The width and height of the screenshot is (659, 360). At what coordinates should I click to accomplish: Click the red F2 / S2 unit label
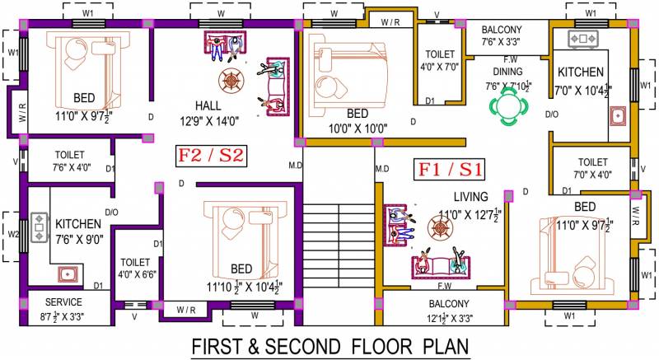[211, 156]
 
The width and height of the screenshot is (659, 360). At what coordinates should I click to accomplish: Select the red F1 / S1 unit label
[450, 169]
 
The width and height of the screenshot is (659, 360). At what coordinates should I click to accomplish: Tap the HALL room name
[208, 105]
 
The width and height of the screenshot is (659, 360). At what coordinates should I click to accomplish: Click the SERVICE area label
[63, 302]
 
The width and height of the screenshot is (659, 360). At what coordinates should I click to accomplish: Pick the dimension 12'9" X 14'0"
[209, 121]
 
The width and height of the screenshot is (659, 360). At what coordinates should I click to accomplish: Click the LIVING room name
[470, 197]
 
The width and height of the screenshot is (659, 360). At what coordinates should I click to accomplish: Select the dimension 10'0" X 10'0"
[358, 129]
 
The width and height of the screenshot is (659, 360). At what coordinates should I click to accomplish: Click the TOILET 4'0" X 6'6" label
[137, 269]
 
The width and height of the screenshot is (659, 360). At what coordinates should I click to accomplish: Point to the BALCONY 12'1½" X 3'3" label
[449, 311]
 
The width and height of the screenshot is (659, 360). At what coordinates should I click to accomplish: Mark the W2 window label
[13, 234]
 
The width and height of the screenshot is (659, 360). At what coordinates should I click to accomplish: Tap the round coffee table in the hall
[231, 81]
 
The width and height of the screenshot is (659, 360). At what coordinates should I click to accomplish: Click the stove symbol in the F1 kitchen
[582, 39]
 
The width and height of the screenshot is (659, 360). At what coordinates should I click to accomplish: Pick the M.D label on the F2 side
[295, 166]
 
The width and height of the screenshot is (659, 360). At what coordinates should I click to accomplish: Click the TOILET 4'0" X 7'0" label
[440, 60]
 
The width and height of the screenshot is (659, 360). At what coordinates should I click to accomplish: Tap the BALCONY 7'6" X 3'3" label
[502, 35]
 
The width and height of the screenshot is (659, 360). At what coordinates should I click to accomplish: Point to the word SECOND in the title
[302, 347]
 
